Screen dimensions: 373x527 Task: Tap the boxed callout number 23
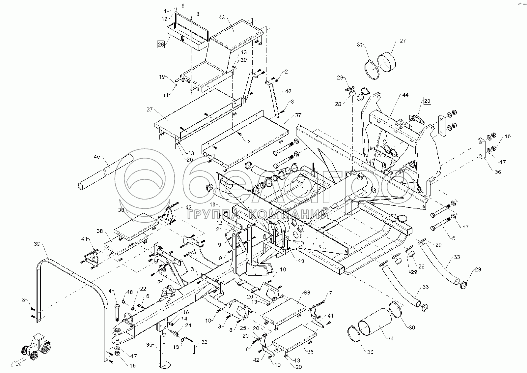427,101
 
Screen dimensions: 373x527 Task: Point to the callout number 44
405,95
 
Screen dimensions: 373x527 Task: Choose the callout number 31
360,45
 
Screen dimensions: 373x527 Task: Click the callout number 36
498,172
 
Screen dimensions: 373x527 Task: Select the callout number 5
453,238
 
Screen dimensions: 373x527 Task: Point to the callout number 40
288,91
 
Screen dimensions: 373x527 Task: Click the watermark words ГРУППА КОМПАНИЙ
259,215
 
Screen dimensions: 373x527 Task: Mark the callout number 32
205,342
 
